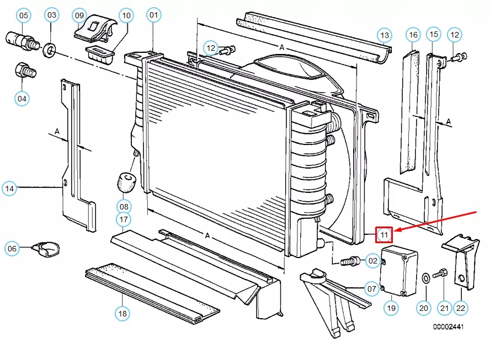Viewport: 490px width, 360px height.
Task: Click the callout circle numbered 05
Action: (x=24, y=15)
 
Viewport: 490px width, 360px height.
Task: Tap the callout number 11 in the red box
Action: (x=384, y=235)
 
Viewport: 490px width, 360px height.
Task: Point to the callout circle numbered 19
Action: (x=391, y=308)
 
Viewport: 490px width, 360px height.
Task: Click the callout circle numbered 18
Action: (x=122, y=314)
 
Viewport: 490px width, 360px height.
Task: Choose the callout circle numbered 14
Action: (x=9, y=189)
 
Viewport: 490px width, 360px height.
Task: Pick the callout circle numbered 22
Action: (x=461, y=308)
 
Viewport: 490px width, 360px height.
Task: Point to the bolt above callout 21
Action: (x=441, y=273)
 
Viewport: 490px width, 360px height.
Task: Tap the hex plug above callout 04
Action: (x=25, y=71)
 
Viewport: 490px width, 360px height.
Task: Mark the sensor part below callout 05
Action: (x=20, y=40)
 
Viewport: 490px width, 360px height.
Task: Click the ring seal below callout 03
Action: (x=50, y=51)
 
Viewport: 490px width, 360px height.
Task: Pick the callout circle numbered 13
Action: (x=384, y=36)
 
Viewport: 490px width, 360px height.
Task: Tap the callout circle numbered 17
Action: (x=124, y=219)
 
